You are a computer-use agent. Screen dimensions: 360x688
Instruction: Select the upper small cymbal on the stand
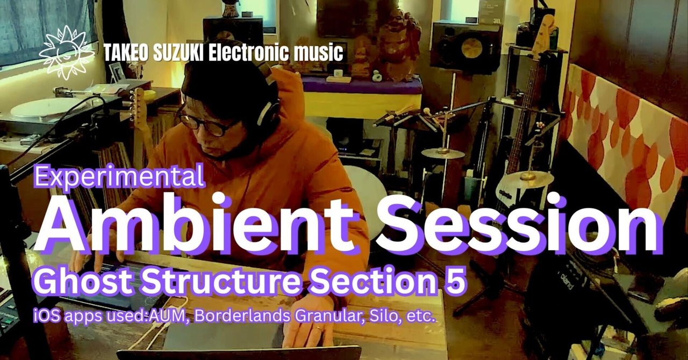pos(442,153)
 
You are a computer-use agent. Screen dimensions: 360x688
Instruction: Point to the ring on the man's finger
pos(319,328)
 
